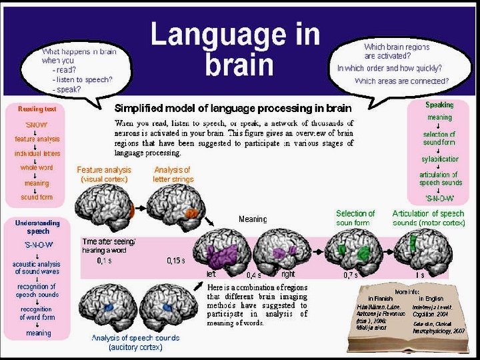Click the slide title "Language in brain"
coord(235,49)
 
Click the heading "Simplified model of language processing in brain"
coord(233,107)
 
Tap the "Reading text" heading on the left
coord(37,108)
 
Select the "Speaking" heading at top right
coord(439,105)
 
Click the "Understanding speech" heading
coord(38,227)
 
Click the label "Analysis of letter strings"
coord(172,174)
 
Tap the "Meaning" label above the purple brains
coord(253,219)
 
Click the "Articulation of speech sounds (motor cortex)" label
coord(429,218)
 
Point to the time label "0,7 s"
coord(351,274)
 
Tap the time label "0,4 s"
coord(253,274)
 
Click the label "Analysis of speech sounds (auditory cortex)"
coord(127,341)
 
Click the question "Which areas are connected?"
coord(401,81)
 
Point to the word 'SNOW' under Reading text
coord(37,125)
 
